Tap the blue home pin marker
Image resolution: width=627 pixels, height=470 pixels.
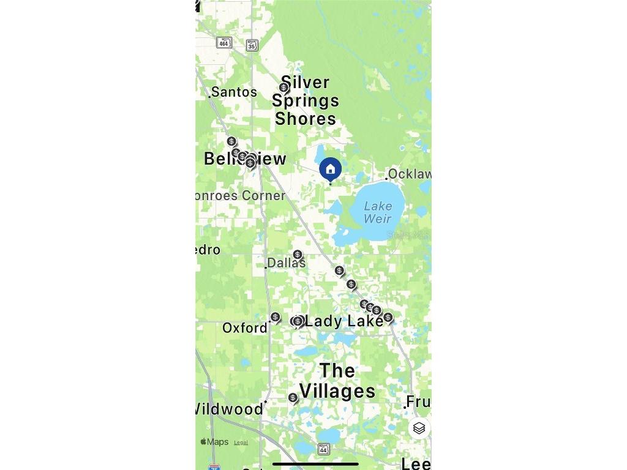point(331,169)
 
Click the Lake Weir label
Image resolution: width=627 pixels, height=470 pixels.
point(377,212)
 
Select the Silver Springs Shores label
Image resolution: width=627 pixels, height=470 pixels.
point(306,100)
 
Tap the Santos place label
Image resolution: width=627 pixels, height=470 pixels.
point(234,92)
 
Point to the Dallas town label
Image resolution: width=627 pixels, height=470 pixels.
point(287,263)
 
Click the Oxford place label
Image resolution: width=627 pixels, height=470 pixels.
point(245,328)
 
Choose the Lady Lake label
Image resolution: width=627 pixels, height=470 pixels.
point(344,321)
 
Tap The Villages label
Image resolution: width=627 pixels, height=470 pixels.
point(337,381)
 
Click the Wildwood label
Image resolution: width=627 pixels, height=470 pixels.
point(229,409)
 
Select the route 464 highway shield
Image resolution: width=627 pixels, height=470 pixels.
point(224,42)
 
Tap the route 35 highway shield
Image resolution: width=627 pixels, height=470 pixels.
point(252,45)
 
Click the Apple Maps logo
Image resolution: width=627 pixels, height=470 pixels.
point(214,442)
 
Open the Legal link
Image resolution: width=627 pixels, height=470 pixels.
point(241,442)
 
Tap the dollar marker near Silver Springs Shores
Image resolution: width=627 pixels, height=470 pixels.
point(283,88)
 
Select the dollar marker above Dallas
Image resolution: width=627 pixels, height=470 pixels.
point(298,255)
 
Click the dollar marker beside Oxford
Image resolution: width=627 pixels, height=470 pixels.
point(276,317)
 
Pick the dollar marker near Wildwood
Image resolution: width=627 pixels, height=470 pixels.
point(293,398)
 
